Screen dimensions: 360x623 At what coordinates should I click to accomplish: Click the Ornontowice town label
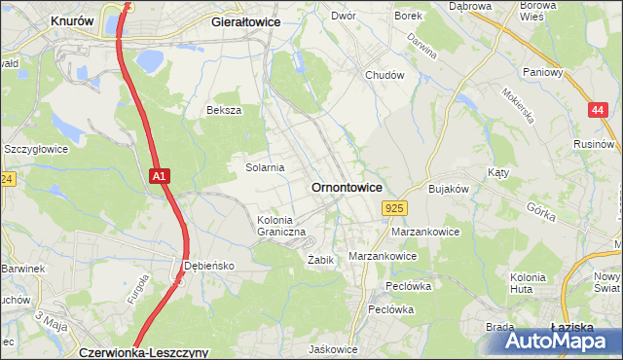tap(346, 186)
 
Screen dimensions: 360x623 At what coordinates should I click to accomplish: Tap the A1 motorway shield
tap(162, 176)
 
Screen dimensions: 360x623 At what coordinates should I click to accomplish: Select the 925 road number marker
tap(394, 208)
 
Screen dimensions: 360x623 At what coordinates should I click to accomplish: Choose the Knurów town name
tap(73, 19)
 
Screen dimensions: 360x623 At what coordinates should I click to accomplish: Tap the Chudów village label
tap(384, 75)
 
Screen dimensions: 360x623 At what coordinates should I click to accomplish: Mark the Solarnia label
tap(264, 167)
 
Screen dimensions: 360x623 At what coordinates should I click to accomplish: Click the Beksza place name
tap(223, 110)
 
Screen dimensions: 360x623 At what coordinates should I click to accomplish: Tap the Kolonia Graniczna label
tap(281, 226)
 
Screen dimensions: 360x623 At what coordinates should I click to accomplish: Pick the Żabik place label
tap(320, 260)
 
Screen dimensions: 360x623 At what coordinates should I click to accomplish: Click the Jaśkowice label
tap(332, 348)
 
